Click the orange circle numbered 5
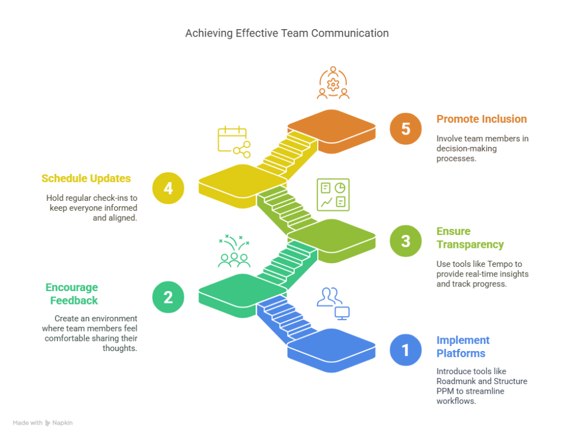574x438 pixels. (x=406, y=128)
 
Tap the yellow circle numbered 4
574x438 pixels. (x=168, y=188)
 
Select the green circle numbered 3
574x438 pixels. (x=406, y=241)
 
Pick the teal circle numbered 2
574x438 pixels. (x=168, y=297)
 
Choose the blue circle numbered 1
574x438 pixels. (x=406, y=350)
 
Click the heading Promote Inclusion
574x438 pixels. (x=482, y=119)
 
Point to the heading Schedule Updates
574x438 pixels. (x=86, y=178)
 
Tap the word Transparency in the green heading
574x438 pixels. (x=470, y=245)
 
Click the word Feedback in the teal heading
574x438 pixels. (x=74, y=300)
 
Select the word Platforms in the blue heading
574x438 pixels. (x=461, y=353)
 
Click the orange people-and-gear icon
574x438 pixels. (x=333, y=83)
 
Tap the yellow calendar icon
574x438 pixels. (x=234, y=142)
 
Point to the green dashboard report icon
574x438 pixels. (x=333, y=195)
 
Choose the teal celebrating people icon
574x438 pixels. (x=234, y=251)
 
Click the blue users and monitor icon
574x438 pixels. (x=333, y=303)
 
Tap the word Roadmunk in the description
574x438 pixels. (x=454, y=381)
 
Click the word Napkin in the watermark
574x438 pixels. (x=62, y=423)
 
